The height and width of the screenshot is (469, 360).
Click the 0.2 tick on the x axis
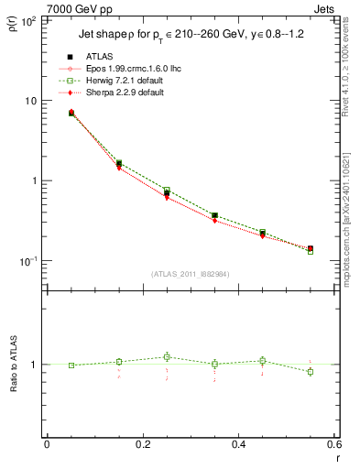[142, 445]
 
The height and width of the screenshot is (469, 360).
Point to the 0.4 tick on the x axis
[237, 445]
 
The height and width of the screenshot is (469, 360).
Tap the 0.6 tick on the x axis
[333, 445]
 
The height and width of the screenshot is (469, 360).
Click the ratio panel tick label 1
[37, 365]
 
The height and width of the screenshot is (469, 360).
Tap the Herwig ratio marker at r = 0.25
[167, 357]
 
